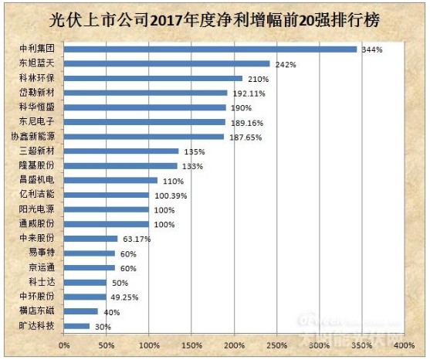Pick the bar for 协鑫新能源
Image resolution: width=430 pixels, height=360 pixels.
[x=144, y=137]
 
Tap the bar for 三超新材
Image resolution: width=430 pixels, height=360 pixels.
[x=121, y=151]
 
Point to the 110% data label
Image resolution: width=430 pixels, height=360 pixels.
[x=172, y=181]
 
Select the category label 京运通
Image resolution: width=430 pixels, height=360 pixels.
[x=39, y=267]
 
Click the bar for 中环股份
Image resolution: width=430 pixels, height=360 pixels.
[x=85, y=297]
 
